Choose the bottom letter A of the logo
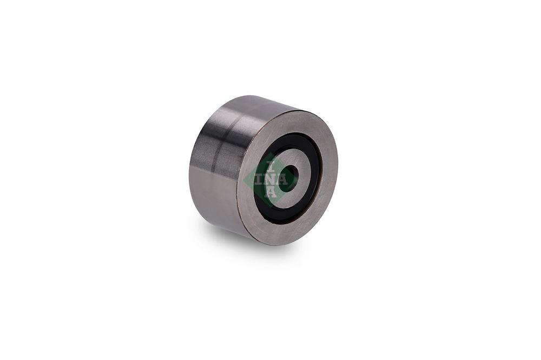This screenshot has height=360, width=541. point(271,192)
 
